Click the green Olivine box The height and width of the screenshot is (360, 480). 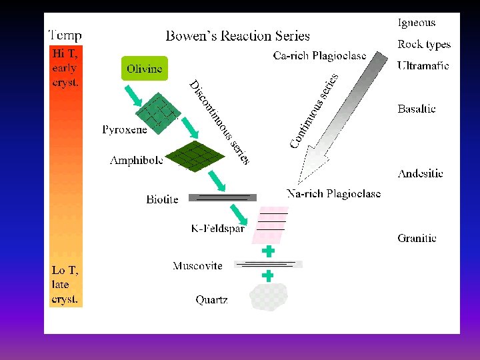point(144,69)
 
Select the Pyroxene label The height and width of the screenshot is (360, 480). point(125,130)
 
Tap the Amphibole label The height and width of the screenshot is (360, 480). point(137,161)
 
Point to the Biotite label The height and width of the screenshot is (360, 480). point(162,199)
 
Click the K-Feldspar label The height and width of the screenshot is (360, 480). point(217,229)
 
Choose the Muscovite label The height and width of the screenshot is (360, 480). point(197,266)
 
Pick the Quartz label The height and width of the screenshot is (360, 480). point(211,300)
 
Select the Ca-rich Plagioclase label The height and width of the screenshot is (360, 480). point(319,56)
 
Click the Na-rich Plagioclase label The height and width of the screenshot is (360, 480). point(333,194)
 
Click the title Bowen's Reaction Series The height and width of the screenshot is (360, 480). point(237,35)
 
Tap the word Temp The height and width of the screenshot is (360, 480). point(65,35)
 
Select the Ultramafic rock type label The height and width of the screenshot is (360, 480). point(423,66)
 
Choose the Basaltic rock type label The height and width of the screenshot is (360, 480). point(417,109)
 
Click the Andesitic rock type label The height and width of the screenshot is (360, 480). point(420,174)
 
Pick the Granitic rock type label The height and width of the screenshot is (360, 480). point(417,238)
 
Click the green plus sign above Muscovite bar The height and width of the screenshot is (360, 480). point(268,251)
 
